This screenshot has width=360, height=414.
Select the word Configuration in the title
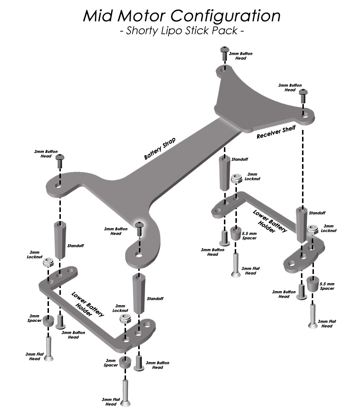click(225, 16)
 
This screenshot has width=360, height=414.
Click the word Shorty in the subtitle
click(141, 31)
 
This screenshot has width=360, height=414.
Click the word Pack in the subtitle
click(227, 31)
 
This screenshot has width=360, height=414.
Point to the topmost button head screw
click(225, 54)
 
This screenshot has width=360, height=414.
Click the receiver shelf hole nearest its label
click(305, 116)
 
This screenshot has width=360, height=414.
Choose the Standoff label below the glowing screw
click(155, 299)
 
